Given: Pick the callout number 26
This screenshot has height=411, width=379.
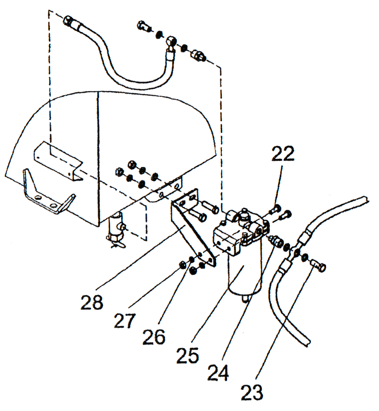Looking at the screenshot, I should click(154, 337).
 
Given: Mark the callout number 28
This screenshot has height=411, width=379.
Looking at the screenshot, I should click(92, 303).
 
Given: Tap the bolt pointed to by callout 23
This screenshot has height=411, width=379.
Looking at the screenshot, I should click(319, 265).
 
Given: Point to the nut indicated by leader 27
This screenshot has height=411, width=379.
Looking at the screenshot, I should click(182, 264).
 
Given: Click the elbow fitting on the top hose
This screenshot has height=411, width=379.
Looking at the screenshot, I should click(171, 42).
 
